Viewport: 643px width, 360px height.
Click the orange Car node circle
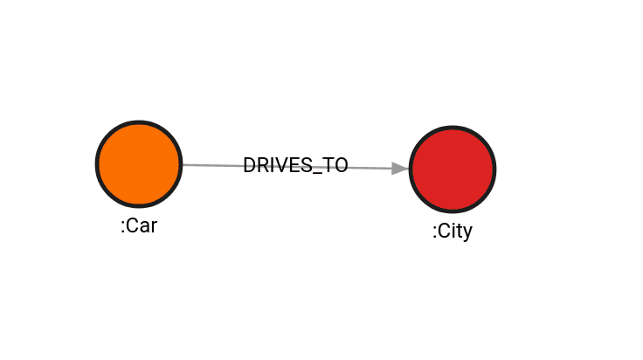coord(139,164)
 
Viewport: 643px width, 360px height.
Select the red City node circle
coord(453,170)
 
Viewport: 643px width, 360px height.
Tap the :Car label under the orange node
coord(139,225)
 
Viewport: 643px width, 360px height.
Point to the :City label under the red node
coord(453,231)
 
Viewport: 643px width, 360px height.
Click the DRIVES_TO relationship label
coord(295,165)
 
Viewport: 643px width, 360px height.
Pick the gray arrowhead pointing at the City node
coord(400,169)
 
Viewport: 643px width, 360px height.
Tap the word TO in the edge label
coord(335,165)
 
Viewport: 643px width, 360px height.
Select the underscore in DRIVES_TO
coord(318,173)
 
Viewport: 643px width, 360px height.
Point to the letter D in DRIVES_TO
coord(250,165)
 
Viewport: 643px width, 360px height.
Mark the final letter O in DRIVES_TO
coord(342,165)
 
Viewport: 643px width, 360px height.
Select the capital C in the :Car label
coord(132,225)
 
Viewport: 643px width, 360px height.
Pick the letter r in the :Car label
coord(154,228)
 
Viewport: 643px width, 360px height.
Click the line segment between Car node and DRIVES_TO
coord(212,165)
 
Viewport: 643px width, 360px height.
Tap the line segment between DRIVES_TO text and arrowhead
coord(370,168)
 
